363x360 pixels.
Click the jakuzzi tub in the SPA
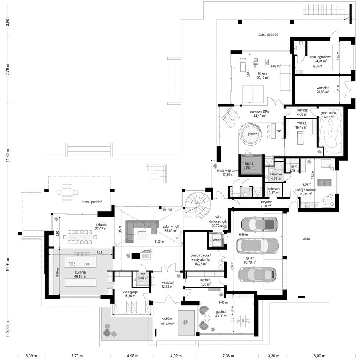pos(251,134)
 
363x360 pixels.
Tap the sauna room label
pos(249,165)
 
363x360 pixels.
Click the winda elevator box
pos(217,240)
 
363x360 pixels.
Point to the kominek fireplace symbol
pos(142,256)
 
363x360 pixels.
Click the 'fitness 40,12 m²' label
pos(262,76)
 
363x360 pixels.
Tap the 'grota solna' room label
pos(328,115)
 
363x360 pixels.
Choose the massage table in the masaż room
pos(300,137)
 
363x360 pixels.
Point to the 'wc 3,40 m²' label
pos(143,276)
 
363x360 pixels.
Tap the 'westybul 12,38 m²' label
pos(167,284)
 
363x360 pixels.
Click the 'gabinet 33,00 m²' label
pos(221,314)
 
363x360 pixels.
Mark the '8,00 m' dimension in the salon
pos(159,241)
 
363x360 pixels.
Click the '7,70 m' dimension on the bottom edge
pos(77,356)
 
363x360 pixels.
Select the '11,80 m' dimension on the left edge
pos(8,155)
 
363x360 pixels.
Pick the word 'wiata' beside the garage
pos(306,239)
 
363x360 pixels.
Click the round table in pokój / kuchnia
pos(327,199)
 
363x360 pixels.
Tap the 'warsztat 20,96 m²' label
pos(322,90)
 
